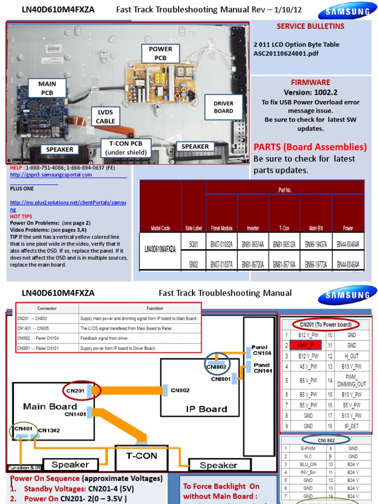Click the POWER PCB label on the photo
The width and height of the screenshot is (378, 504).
point(160,53)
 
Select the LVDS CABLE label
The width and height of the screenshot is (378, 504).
point(105,117)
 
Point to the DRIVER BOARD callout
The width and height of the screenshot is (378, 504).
point(223,107)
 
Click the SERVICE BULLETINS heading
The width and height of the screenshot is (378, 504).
point(310,26)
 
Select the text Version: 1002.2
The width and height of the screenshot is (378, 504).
point(310,93)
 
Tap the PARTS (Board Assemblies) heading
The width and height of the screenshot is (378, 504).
point(310,147)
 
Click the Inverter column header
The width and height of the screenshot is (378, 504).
point(253,228)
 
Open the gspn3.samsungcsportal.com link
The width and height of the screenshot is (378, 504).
point(51,175)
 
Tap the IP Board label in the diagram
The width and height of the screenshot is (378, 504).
point(206,409)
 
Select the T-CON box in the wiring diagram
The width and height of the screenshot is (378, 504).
point(141,456)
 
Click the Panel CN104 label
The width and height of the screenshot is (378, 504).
point(261,350)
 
